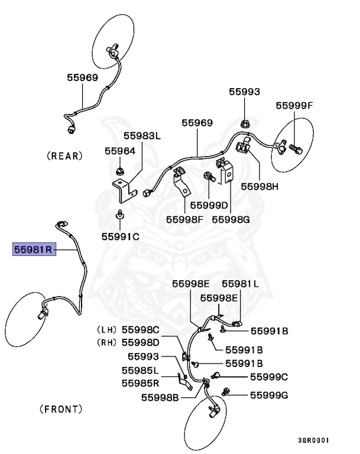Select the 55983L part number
pyautogui.click(x=142, y=135)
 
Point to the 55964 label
pyautogui.click(x=120, y=151)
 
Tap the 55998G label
pyautogui.click(x=231, y=219)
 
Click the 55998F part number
pyautogui.click(x=184, y=219)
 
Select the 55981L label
pyautogui.click(x=240, y=283)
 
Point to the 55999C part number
pyautogui.click(x=268, y=377)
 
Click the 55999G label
pyautogui.click(x=268, y=394)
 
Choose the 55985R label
pyautogui.click(x=140, y=382)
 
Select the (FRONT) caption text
pyautogui.click(x=61, y=408)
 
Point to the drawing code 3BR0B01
pyautogui.click(x=313, y=440)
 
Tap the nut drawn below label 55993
pyautogui.click(x=244, y=124)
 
